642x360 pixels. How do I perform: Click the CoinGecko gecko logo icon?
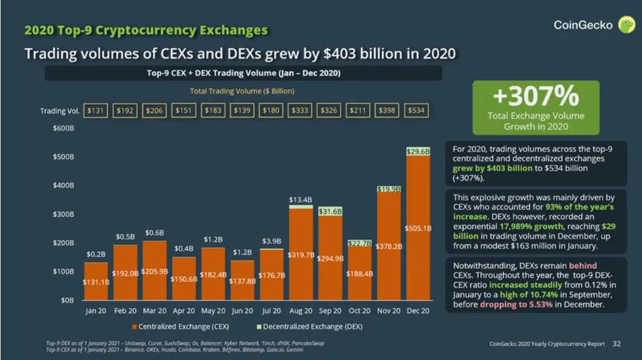coord(626,25)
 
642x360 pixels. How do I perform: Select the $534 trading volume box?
coord(416,111)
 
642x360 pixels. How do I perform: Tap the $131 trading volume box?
coord(96,111)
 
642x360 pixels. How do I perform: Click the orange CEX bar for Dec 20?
coord(418,228)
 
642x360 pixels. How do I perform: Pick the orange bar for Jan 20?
coord(96,281)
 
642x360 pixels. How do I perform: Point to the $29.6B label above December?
coord(418,152)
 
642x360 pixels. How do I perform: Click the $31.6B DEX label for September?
coord(330,211)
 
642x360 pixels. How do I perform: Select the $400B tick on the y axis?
coord(63,185)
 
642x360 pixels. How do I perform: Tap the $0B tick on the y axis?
coord(67,300)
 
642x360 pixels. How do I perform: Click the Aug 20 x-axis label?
coord(300,311)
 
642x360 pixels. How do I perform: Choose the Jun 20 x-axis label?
coord(242,311)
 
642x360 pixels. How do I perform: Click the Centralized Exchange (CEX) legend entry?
coord(181,326)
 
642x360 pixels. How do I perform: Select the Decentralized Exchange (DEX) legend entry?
coord(309,326)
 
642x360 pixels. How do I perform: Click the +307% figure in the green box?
coord(536,96)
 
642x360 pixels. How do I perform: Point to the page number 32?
coord(617,344)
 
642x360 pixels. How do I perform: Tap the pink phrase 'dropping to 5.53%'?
coord(516,304)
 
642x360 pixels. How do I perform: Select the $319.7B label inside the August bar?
coord(301,255)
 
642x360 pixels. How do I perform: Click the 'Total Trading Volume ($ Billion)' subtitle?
coord(242,91)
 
